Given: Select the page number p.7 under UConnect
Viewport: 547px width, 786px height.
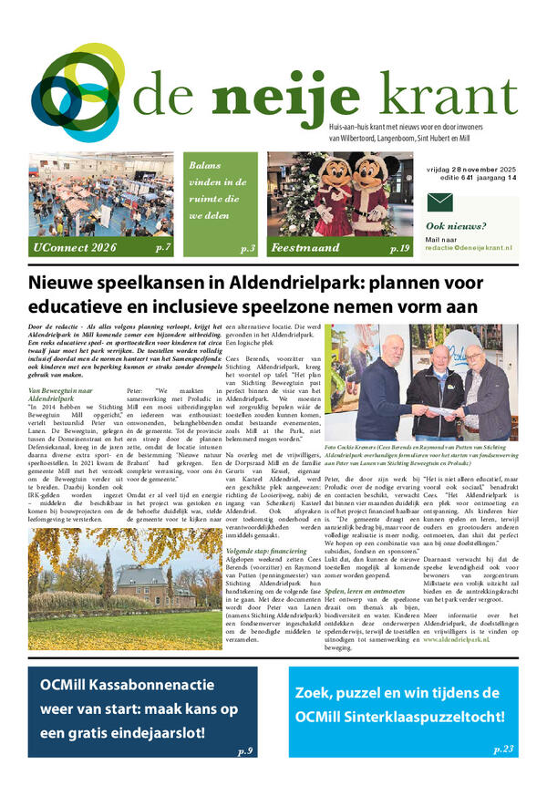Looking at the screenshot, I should [164, 247].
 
